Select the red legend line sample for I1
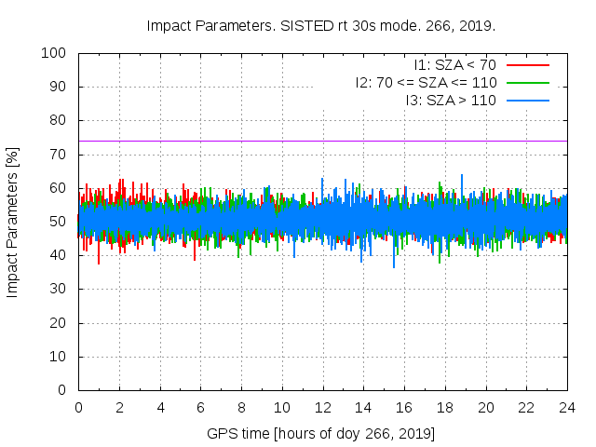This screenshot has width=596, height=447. (526, 65)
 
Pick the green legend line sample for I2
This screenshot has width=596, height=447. (526, 83)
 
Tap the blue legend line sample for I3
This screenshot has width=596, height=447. (526, 101)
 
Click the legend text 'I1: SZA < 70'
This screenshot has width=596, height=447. (455, 65)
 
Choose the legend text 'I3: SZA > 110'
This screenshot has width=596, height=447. (451, 101)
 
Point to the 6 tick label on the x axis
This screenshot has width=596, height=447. (200, 407)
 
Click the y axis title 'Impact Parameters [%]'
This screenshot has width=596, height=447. (13, 222)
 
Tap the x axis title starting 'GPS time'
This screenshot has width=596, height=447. (321, 434)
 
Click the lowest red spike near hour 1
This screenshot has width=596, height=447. (99, 263)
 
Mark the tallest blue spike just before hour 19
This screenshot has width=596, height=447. (462, 175)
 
